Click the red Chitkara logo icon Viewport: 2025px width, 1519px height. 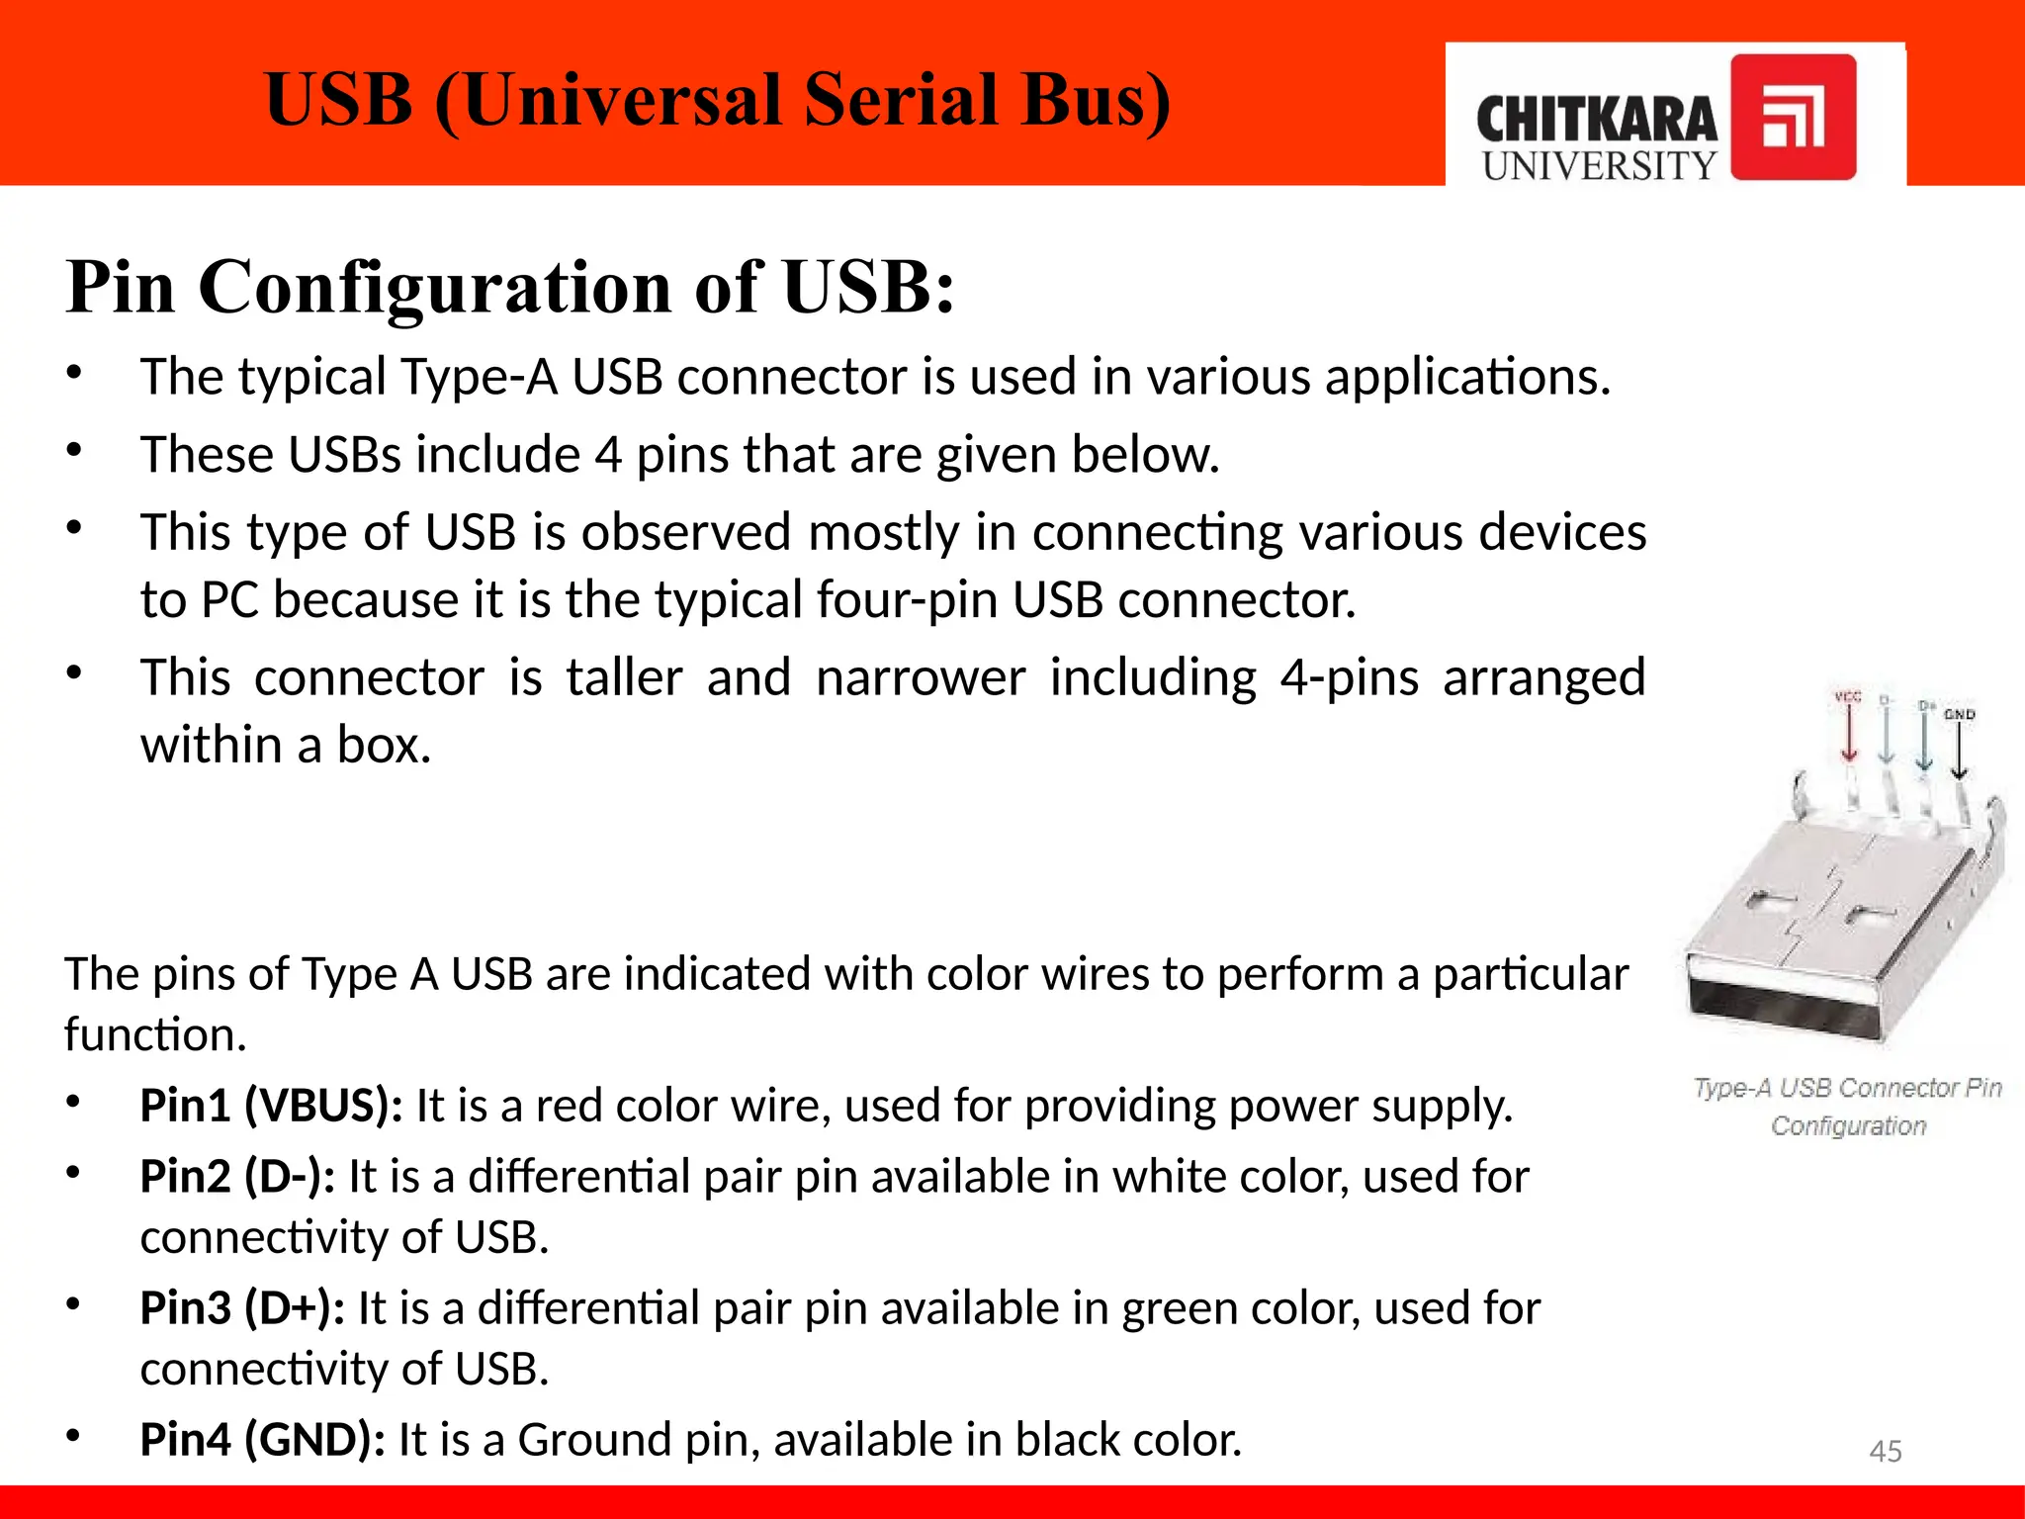point(1793,117)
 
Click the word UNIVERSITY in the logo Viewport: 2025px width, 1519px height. point(1599,166)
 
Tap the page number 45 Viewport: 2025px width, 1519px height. point(1886,1451)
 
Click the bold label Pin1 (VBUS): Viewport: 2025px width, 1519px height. point(271,1105)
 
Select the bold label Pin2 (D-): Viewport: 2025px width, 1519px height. point(237,1177)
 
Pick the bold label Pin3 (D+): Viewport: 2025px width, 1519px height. point(242,1308)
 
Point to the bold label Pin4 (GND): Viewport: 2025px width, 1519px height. point(262,1439)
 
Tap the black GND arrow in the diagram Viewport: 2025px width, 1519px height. point(1960,752)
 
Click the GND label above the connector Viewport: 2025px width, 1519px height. point(1960,714)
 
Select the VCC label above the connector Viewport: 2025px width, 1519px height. point(1848,697)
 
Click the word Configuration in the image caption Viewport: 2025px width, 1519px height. point(1848,1125)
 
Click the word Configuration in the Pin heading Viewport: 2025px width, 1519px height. point(435,287)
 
